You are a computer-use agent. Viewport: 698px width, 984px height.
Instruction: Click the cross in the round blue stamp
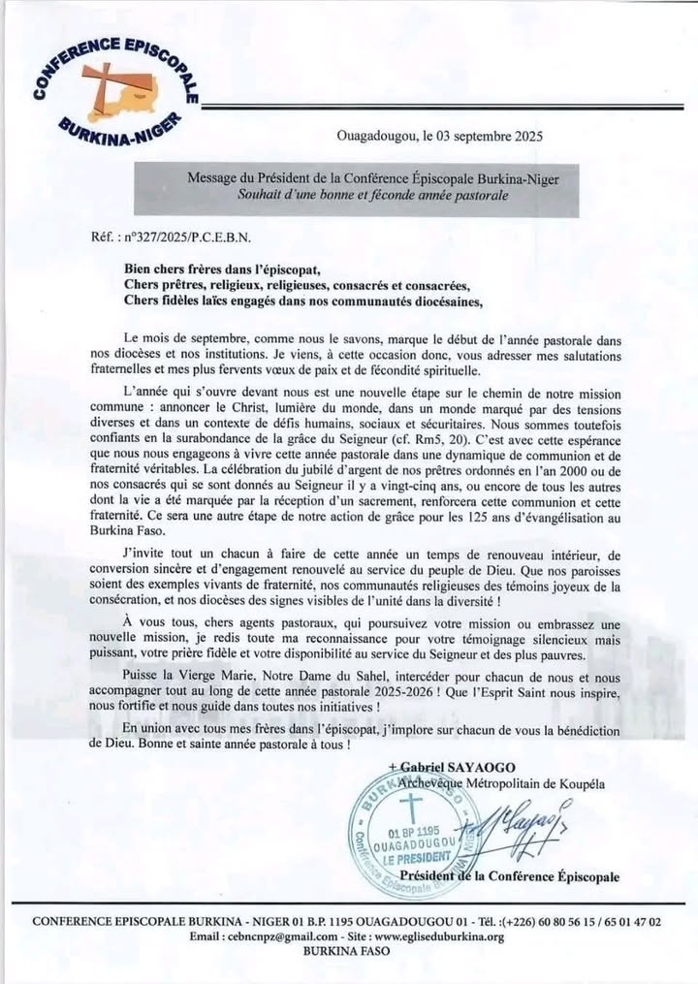[x=411, y=804]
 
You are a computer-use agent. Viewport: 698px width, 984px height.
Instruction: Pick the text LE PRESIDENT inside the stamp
[x=417, y=858]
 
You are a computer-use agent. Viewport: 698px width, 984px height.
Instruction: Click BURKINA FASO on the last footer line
[x=347, y=952]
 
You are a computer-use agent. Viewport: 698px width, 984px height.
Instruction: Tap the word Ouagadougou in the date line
[x=379, y=137]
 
